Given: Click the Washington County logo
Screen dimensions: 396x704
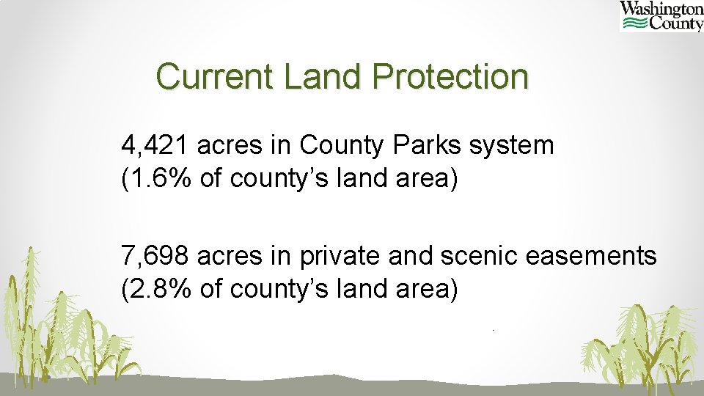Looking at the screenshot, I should click(661, 16).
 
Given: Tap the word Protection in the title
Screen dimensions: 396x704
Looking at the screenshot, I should click(450, 77).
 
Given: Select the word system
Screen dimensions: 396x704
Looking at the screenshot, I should click(513, 146).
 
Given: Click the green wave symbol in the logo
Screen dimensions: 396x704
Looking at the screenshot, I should click(634, 23).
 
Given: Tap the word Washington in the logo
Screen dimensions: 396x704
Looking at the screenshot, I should click(661, 8).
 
